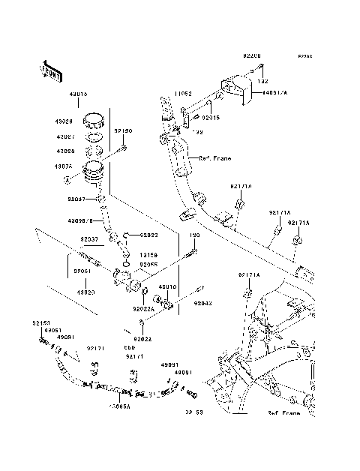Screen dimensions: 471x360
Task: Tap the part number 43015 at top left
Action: [x=79, y=94]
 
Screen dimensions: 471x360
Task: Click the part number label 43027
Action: [x=63, y=138]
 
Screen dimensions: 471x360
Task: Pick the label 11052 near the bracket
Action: [x=184, y=94]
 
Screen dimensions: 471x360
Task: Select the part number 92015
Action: [x=210, y=118]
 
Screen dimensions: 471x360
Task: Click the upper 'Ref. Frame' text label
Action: [x=215, y=158]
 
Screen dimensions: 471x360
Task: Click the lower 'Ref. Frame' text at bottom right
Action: [x=283, y=413]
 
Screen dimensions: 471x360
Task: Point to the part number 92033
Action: [x=147, y=235]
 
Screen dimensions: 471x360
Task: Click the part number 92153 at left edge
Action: [x=41, y=322]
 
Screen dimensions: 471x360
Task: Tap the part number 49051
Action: [x=52, y=330]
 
